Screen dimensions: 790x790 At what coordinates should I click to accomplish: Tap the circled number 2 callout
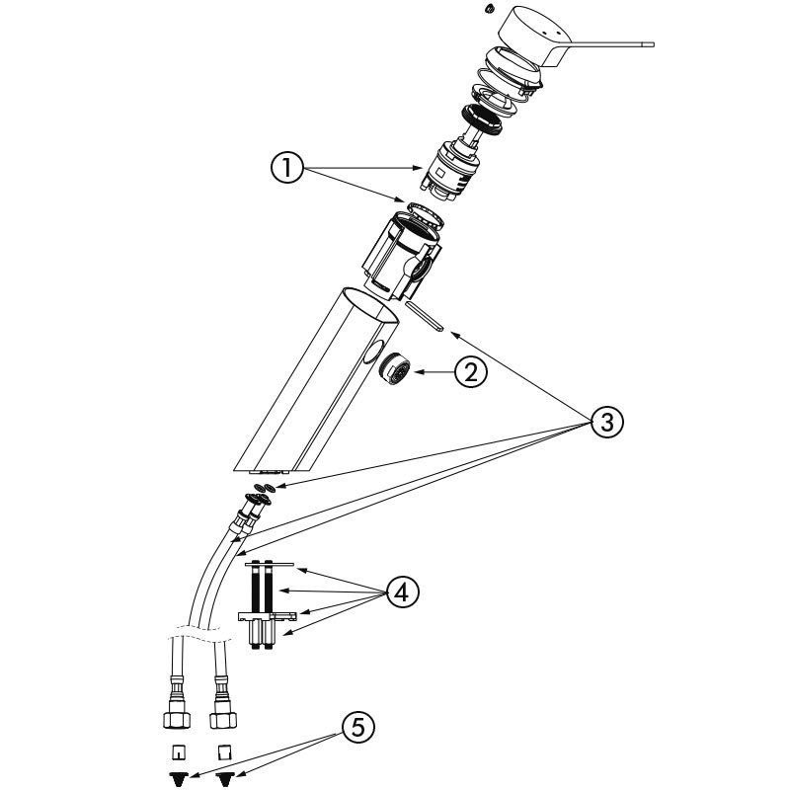tap(470, 372)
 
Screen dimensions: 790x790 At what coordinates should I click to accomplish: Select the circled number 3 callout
tap(607, 423)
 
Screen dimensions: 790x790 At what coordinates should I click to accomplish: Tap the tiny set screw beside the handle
tap(488, 9)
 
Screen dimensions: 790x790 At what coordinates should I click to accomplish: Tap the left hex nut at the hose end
tap(176, 713)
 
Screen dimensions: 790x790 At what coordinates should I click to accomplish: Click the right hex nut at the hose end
tap(223, 713)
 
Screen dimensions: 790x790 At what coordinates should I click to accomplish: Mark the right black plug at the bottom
tap(225, 778)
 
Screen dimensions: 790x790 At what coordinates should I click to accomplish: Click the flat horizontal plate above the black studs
tap(269, 565)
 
